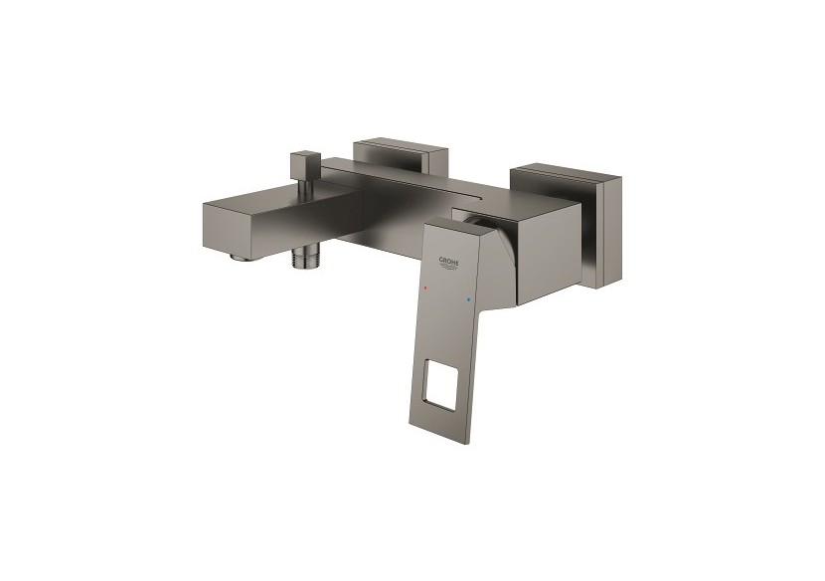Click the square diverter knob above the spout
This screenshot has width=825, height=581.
coord(305,164)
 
